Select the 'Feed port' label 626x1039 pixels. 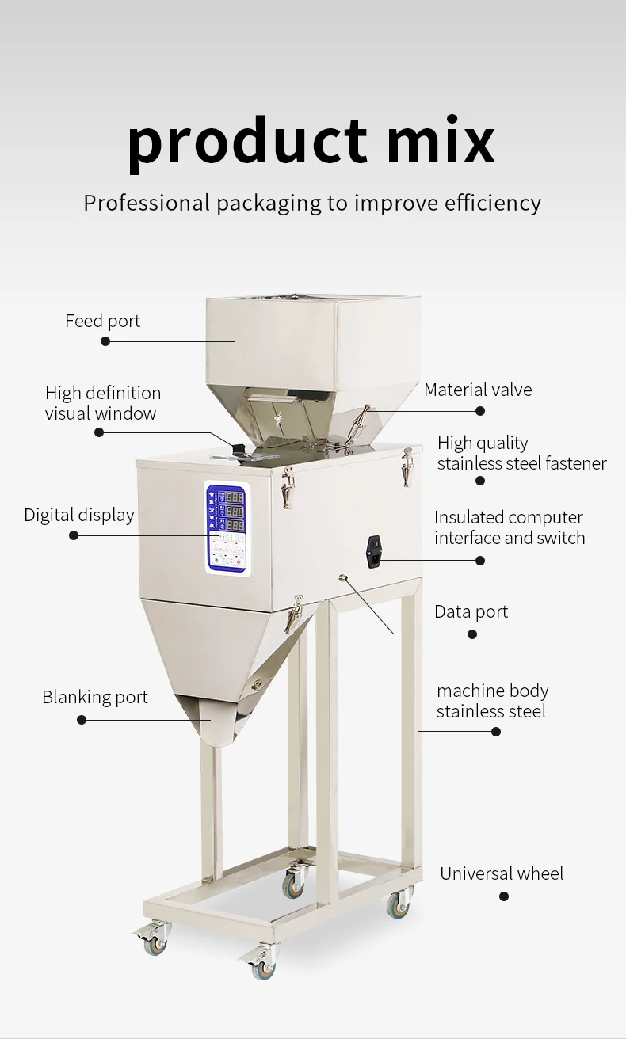point(102,322)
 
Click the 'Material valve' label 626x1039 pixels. point(478,390)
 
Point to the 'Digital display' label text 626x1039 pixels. point(79,515)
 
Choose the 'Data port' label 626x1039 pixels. point(471,611)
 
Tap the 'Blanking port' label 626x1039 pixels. point(95,698)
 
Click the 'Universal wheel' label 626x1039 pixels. point(502,874)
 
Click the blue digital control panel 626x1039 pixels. point(227,528)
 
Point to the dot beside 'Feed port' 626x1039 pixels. point(105,341)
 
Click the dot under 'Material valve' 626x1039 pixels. point(480,411)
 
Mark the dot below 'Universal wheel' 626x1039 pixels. point(504,896)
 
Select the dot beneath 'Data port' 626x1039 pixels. point(472,634)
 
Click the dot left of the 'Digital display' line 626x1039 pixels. point(74,535)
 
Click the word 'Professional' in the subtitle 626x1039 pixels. point(147,203)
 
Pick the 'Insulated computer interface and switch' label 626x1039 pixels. point(510,527)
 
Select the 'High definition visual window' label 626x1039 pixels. point(102,403)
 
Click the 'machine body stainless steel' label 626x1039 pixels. point(492,701)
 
